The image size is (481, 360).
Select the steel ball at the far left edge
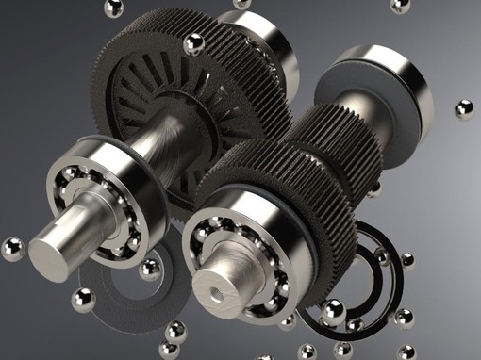(11, 249)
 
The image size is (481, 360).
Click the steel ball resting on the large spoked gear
(194, 43)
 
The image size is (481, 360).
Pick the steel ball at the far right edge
(463, 109)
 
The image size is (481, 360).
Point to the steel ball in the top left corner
(114, 8)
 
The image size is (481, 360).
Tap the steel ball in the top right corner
(400, 6)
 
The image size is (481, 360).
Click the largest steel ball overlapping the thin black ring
(332, 311)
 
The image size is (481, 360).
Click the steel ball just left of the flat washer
(83, 300)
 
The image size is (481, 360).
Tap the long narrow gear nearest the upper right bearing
(325, 132)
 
